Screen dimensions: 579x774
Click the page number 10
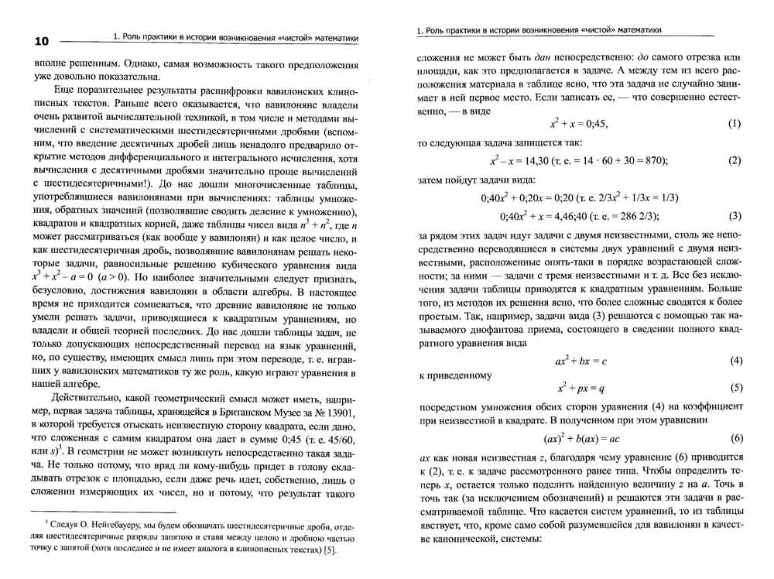point(37,41)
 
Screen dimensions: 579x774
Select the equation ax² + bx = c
point(581,361)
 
